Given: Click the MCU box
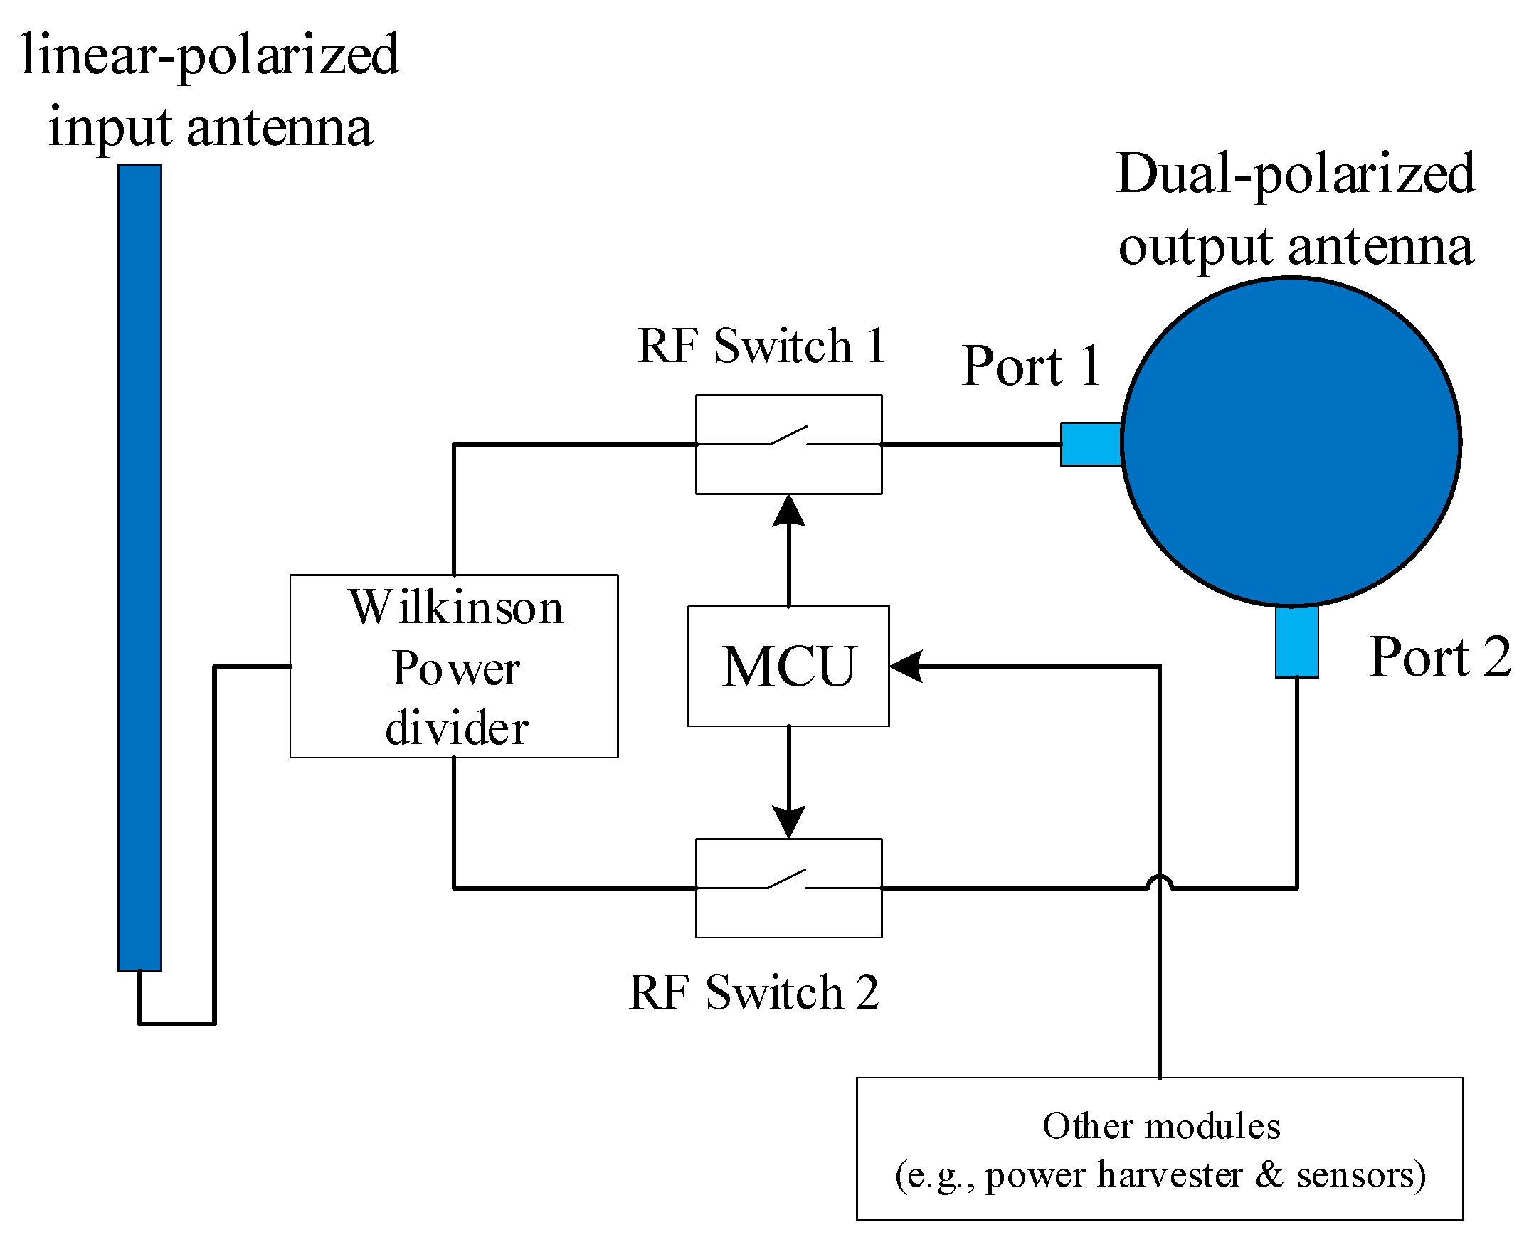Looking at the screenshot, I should pyautogui.click(x=788, y=666).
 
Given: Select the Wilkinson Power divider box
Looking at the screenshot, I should pyautogui.click(x=454, y=666).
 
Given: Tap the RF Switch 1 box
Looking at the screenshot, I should pyautogui.click(x=788, y=445).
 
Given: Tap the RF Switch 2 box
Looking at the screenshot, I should pyautogui.click(x=788, y=888).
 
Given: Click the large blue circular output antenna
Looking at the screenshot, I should pyautogui.click(x=1290, y=442).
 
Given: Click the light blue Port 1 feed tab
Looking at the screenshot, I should pyautogui.click(x=1091, y=445).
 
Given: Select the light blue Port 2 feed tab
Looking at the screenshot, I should pyautogui.click(x=1296, y=642).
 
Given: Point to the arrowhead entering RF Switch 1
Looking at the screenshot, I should pyautogui.click(x=788, y=511).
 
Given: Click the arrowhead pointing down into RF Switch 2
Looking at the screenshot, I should pyautogui.click(x=788, y=822).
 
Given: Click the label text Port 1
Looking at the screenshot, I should pyautogui.click(x=1030, y=366).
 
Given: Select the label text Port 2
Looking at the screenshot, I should pyautogui.click(x=1439, y=657).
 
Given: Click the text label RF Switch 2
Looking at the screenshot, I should pyautogui.click(x=753, y=992).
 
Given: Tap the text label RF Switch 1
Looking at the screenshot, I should pyautogui.click(x=761, y=346).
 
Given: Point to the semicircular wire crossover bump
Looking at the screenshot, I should pyautogui.click(x=1159, y=883).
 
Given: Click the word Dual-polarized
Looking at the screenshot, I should pyautogui.click(x=1295, y=174).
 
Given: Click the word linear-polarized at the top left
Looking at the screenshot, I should pyautogui.click(x=210, y=55).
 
